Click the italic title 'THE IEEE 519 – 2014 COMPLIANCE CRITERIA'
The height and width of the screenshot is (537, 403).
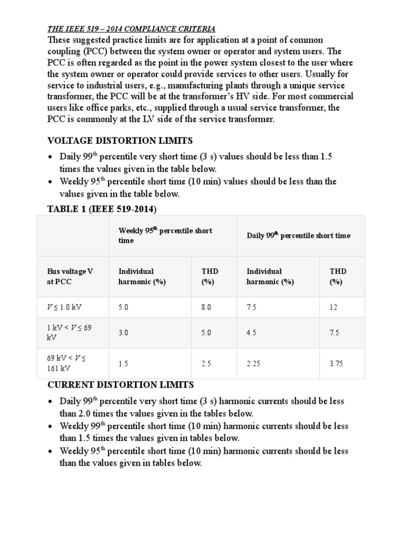[131, 29]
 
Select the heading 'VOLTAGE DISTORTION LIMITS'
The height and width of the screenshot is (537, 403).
[120, 141]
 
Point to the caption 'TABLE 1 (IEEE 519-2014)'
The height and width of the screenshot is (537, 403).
[102, 209]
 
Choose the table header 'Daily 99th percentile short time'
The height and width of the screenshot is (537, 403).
[299, 235]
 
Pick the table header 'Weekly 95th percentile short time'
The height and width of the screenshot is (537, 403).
[165, 235]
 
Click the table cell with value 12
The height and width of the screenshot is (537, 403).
[333, 307]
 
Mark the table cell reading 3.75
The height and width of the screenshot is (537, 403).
[336, 363]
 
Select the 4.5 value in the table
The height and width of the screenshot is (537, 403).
[252, 332]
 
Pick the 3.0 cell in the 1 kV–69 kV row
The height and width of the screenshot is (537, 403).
[123, 332]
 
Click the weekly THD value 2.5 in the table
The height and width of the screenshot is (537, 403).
[207, 363]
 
